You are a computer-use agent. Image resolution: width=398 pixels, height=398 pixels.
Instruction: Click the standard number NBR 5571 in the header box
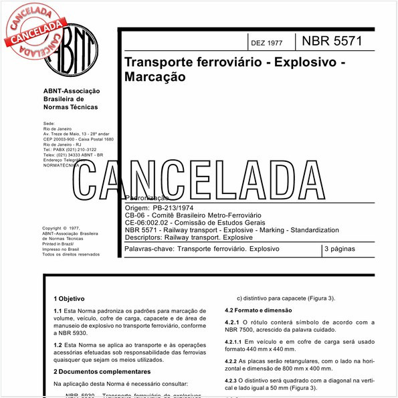coord(332,41)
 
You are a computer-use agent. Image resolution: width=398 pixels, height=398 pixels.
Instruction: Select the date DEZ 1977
coord(266,43)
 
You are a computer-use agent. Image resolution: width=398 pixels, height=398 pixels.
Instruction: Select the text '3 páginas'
coord(341,250)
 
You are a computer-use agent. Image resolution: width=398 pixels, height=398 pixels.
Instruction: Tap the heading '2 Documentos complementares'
coord(102,371)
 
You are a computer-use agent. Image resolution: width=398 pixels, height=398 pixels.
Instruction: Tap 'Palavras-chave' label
coord(148,250)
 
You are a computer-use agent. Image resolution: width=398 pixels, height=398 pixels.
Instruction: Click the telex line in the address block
coord(73,155)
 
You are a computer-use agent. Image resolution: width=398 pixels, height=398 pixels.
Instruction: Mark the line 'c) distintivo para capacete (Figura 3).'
coord(286,298)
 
